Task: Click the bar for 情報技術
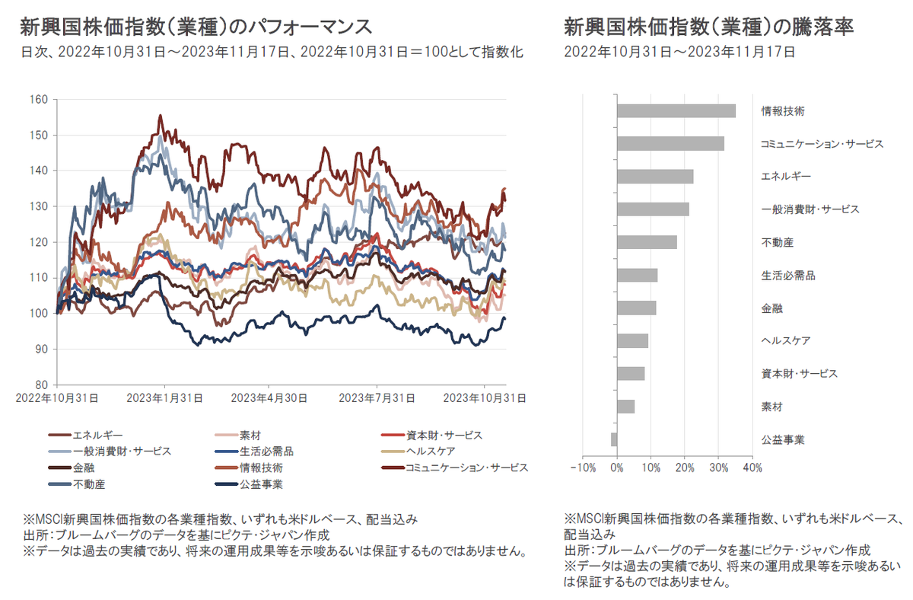pyautogui.click(x=676, y=111)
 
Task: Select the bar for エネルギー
pyautogui.click(x=655, y=177)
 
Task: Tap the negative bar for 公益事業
pyautogui.click(x=614, y=439)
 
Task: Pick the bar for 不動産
pyautogui.click(x=647, y=242)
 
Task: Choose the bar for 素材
pyautogui.click(x=625, y=407)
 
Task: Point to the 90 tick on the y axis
pyautogui.click(x=41, y=349)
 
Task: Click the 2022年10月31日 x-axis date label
pyautogui.click(x=59, y=397)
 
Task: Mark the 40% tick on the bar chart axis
pyautogui.click(x=752, y=467)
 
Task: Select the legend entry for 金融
pyautogui.click(x=84, y=468)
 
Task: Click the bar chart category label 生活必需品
pyautogui.click(x=788, y=276)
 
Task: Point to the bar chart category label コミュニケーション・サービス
pyautogui.click(x=822, y=144)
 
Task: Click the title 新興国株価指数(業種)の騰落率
pyautogui.click(x=708, y=27)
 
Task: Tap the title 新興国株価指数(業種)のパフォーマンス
pyautogui.click(x=196, y=27)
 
